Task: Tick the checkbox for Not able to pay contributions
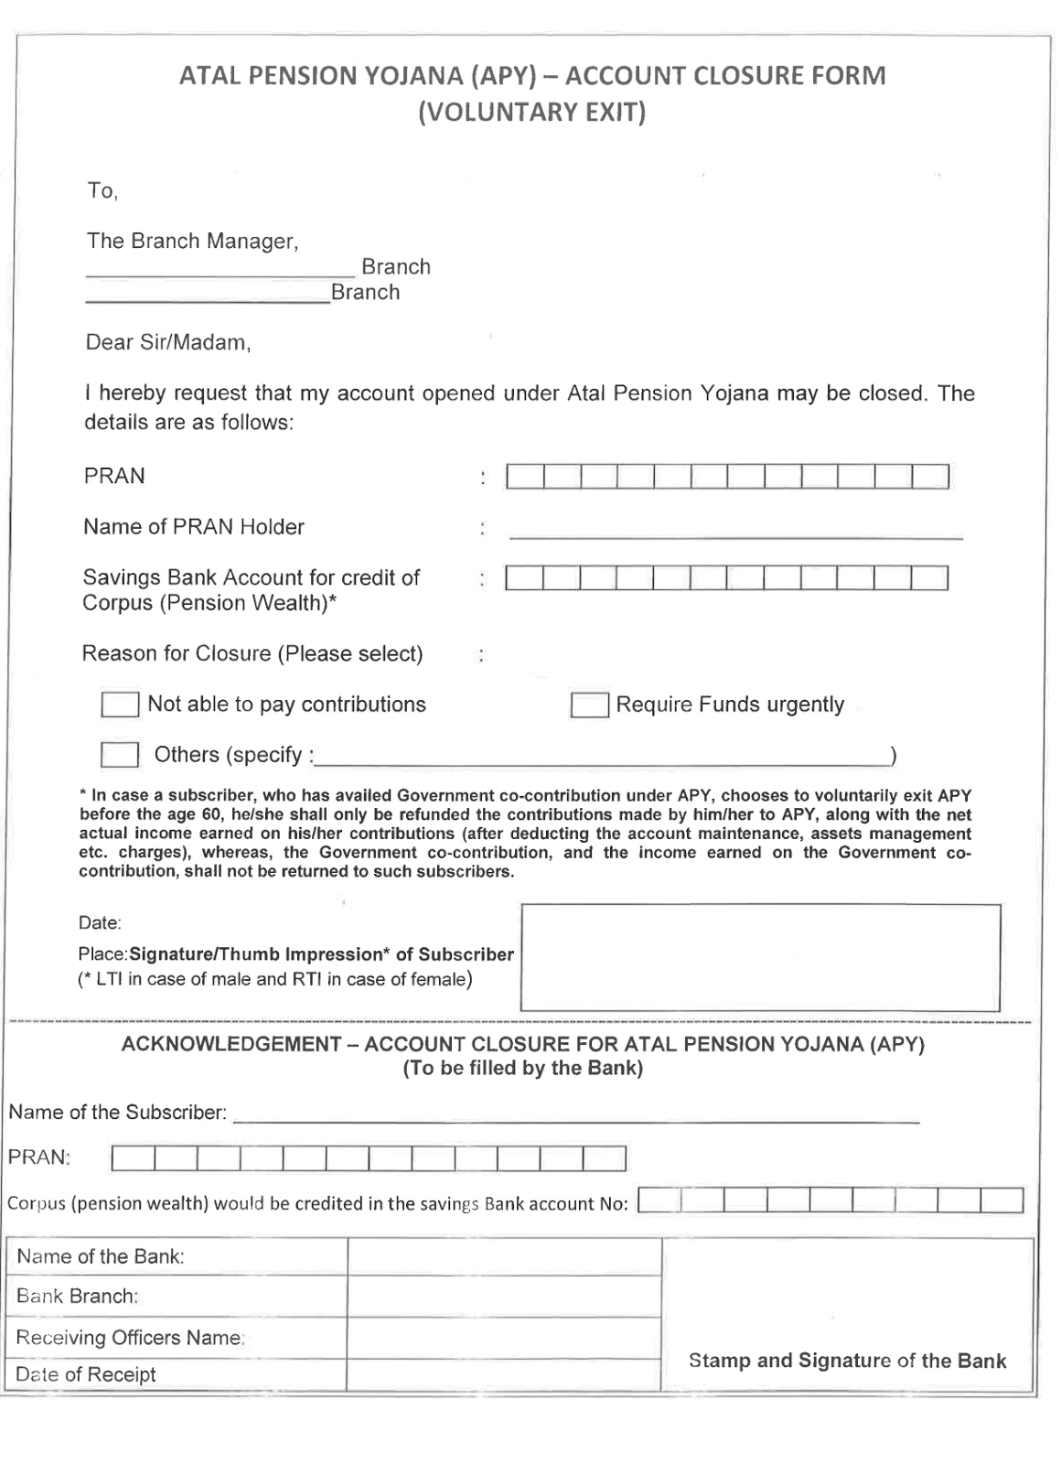(x=120, y=705)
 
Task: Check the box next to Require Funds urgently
(x=589, y=705)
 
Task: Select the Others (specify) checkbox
(x=120, y=755)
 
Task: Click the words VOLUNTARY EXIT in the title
(x=531, y=113)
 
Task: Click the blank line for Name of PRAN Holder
(x=735, y=529)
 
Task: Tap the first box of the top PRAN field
(x=525, y=477)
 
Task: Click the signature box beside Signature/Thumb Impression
(x=760, y=956)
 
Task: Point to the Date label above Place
(x=100, y=922)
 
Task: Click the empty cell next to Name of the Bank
(x=504, y=1257)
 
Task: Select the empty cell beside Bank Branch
(x=504, y=1297)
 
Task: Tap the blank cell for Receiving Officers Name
(x=504, y=1338)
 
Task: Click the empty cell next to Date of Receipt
(x=504, y=1374)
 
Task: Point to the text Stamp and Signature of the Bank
(x=847, y=1361)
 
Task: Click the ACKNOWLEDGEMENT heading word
(x=231, y=1044)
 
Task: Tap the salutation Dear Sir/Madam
(x=167, y=342)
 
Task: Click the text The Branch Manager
(x=192, y=242)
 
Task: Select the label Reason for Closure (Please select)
(x=252, y=654)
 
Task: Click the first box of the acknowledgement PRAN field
(x=134, y=1159)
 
